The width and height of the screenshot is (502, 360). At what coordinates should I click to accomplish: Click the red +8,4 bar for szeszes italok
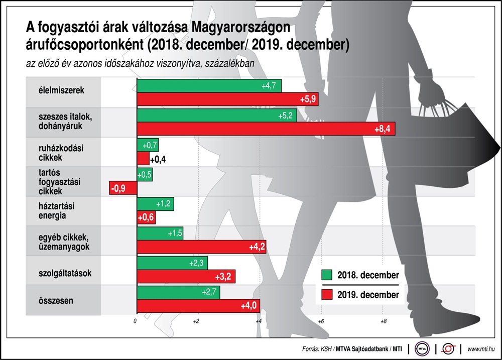[x=266, y=129]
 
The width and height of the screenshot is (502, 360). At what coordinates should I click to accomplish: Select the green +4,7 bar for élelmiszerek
[x=209, y=86]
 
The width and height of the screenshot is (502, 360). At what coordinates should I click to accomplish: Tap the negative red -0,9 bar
[x=123, y=188]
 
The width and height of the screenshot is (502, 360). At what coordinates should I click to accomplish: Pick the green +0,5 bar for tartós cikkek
[x=145, y=175]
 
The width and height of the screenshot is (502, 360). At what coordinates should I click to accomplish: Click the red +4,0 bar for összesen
[x=198, y=306]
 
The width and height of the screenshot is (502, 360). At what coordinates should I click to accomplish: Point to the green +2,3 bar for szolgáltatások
[x=172, y=263]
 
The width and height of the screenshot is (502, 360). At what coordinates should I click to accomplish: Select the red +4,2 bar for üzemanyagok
[x=202, y=247]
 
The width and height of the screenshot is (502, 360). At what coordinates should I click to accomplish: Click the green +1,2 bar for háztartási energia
[x=155, y=204]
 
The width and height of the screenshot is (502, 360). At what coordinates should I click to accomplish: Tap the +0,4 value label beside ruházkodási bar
[x=158, y=159]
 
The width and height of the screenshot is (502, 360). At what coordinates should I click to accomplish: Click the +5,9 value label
[x=308, y=99]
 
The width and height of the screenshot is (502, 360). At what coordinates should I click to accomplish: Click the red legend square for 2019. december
[x=327, y=294]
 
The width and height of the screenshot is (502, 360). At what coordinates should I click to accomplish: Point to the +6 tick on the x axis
[x=321, y=321]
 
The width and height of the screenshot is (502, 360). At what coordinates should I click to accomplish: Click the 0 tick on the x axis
[x=135, y=321]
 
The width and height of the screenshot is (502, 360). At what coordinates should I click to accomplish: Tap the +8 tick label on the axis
[x=383, y=321]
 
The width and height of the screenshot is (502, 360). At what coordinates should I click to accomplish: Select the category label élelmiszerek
[x=61, y=90]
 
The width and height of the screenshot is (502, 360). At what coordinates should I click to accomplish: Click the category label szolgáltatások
[x=65, y=273]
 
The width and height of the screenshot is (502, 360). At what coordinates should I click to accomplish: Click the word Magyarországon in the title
[x=241, y=28]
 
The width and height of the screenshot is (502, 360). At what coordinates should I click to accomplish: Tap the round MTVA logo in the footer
[x=422, y=349]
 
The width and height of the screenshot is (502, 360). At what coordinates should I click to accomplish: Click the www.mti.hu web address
[x=481, y=349]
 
